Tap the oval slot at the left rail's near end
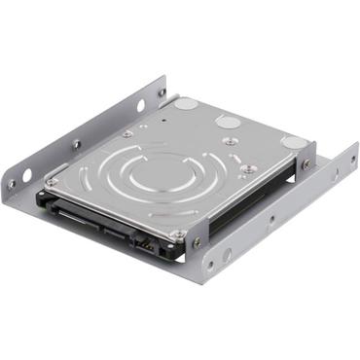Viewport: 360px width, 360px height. tap(27, 175)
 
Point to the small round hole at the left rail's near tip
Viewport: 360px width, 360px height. tap(13, 184)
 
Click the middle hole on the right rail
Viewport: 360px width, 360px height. tap(270, 219)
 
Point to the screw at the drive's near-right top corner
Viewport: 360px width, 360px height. tap(178, 234)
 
